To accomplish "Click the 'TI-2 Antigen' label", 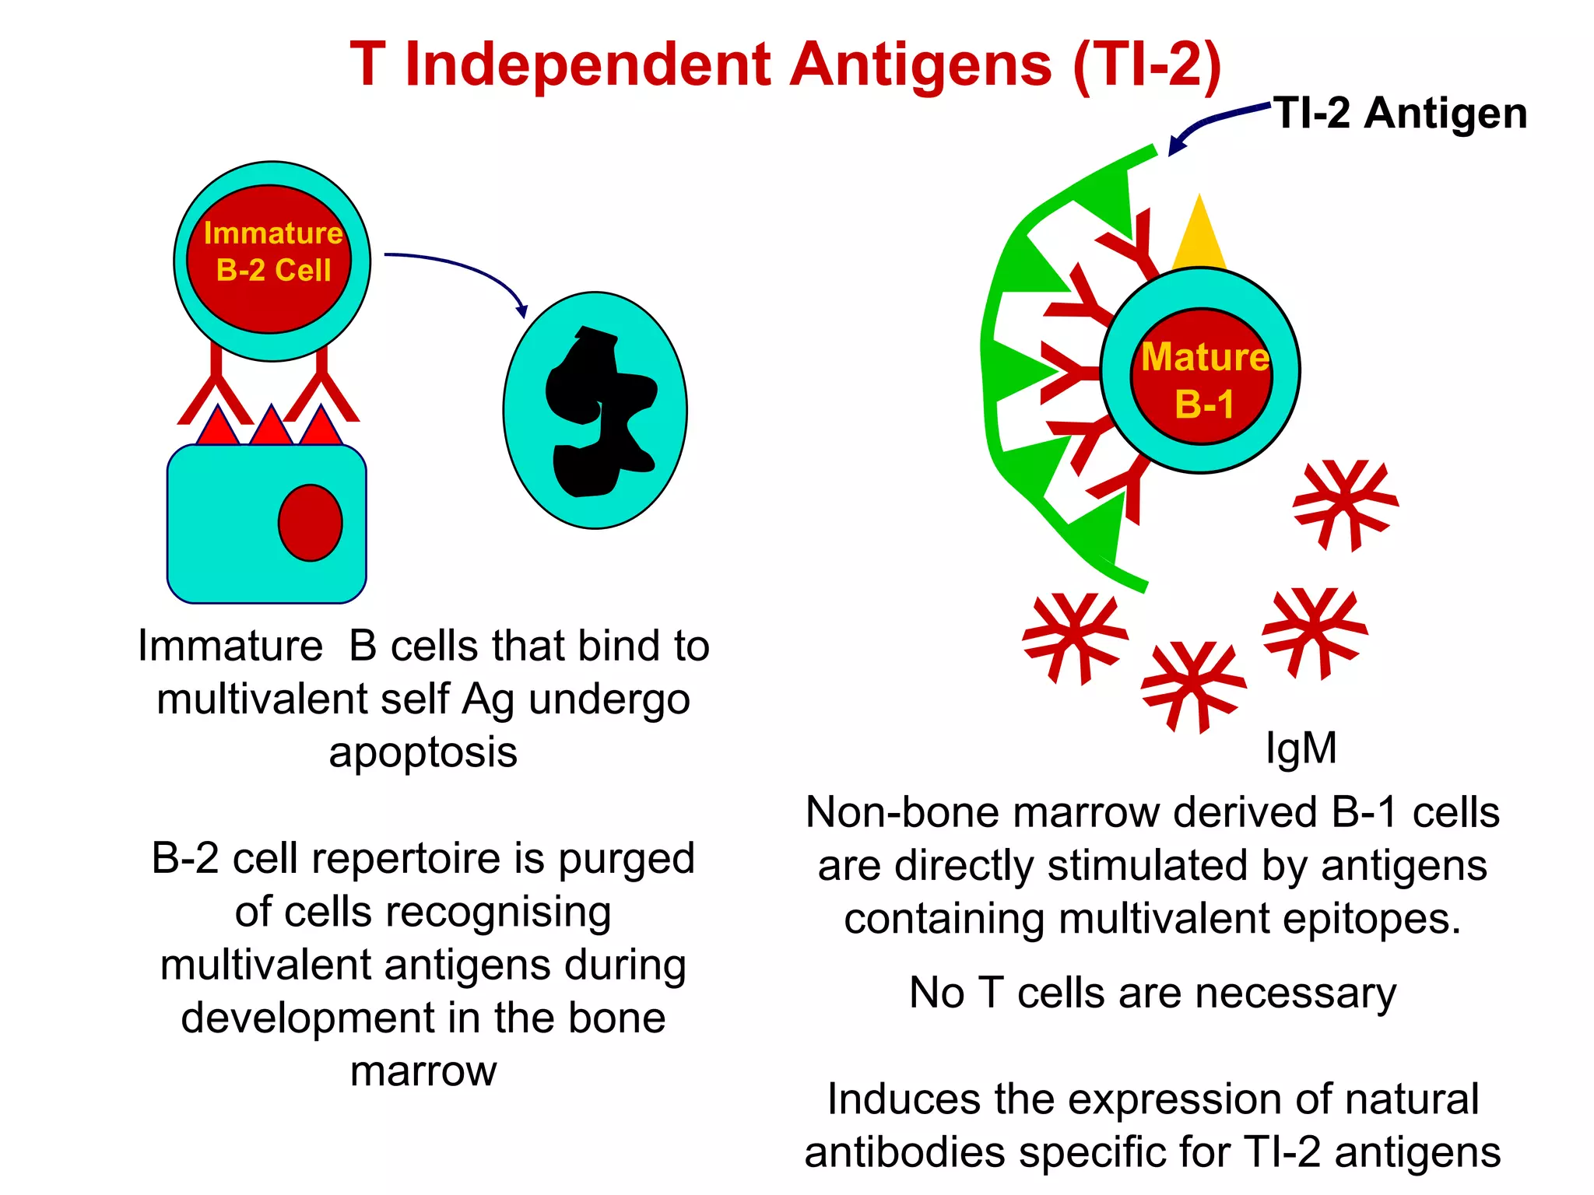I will point(1399,114).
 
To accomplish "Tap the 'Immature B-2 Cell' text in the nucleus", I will point(272,251).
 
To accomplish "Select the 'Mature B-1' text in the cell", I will point(1204,380).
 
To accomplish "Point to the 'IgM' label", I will point(1301,748).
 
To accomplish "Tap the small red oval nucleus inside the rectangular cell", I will point(310,523).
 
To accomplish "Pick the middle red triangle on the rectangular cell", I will point(270,426).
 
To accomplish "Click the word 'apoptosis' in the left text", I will point(423,753).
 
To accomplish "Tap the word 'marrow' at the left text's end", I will point(423,1071).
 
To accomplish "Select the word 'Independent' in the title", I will point(588,65).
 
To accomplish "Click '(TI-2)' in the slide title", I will point(1146,65).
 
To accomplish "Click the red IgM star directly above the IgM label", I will point(1314,631).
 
